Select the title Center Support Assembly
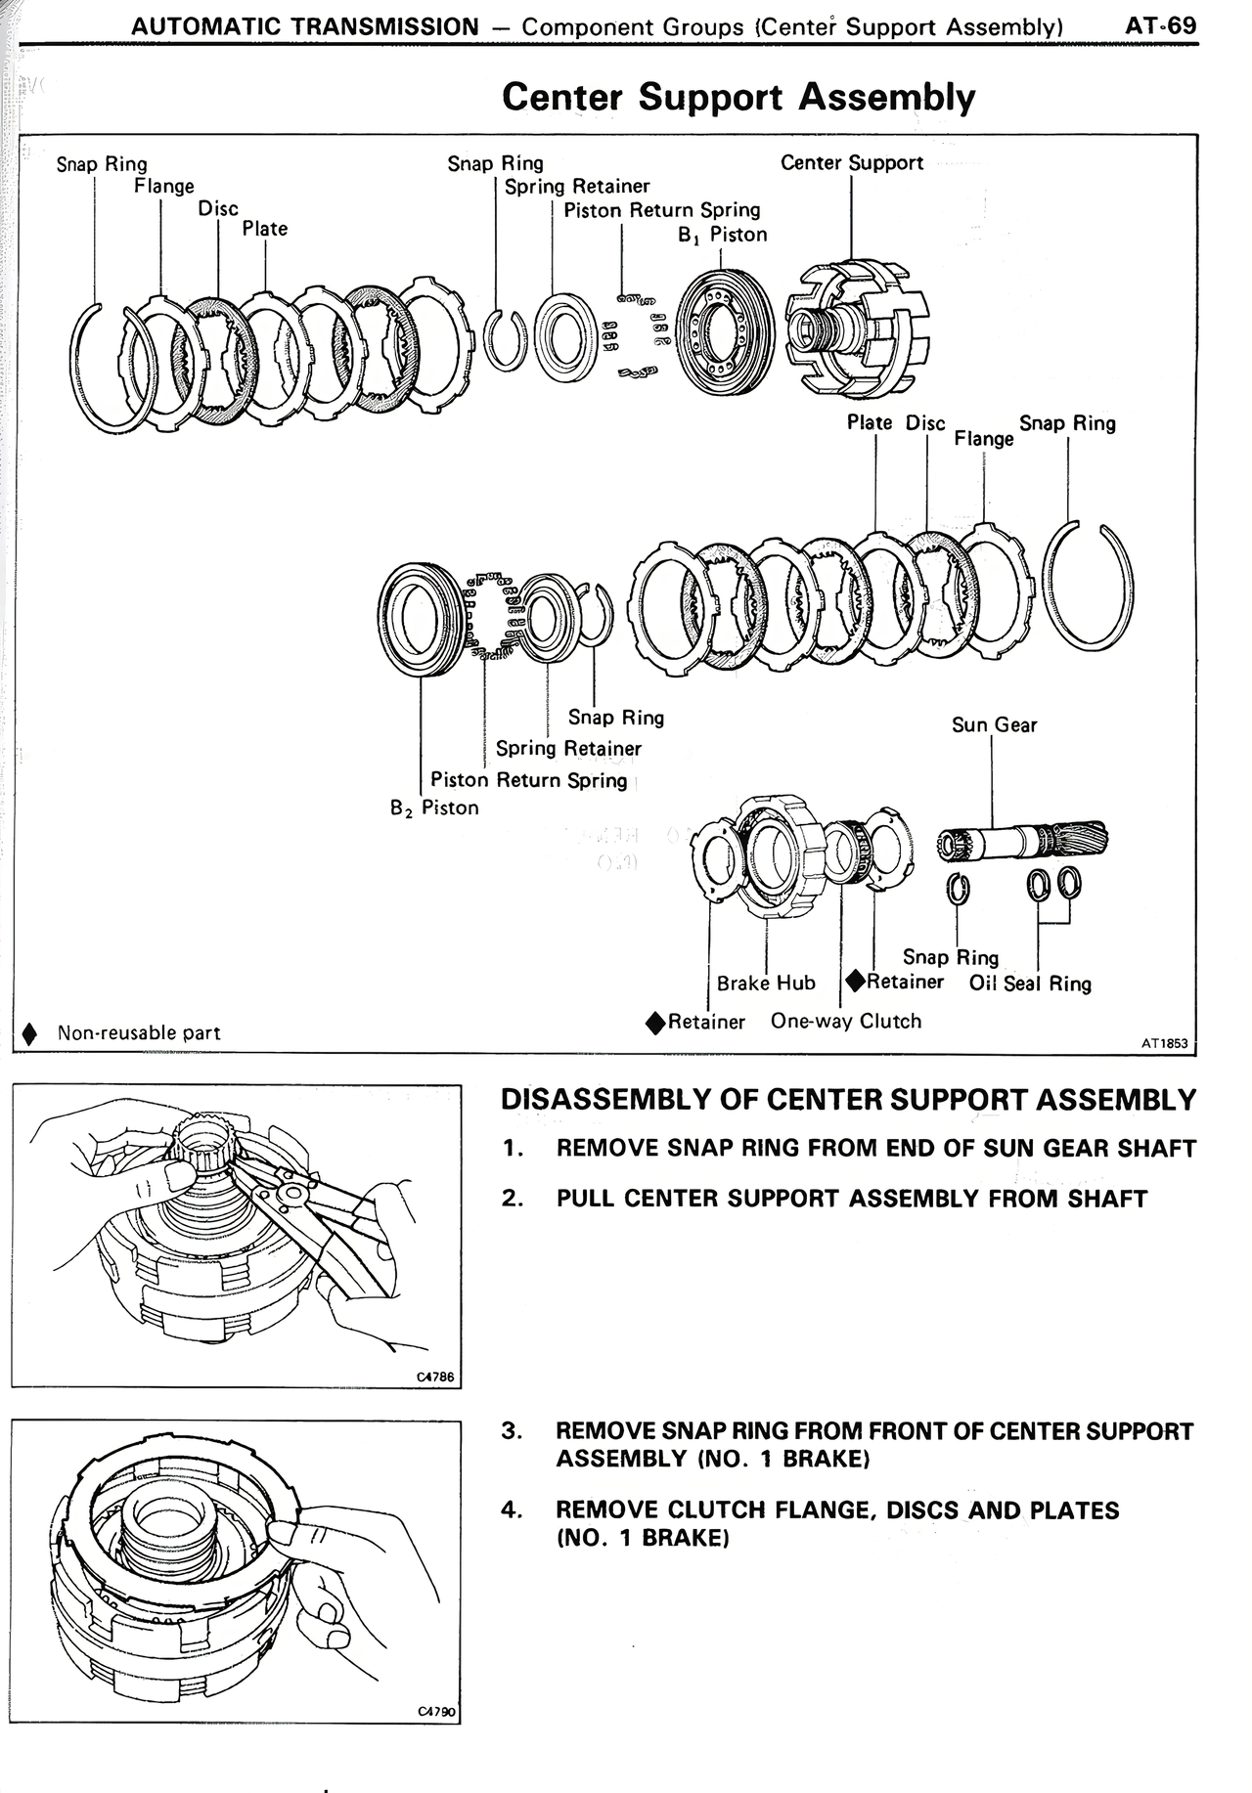738,97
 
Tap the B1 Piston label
722,235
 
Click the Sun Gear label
994,724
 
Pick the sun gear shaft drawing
1023,842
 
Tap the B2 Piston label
434,808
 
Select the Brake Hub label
766,983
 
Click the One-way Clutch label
846,1021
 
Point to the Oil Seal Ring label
1030,984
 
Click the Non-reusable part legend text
139,1032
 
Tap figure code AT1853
1164,1043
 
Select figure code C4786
435,1377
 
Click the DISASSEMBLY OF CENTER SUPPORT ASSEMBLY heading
848,1100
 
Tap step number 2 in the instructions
512,1199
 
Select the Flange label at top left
164,186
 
